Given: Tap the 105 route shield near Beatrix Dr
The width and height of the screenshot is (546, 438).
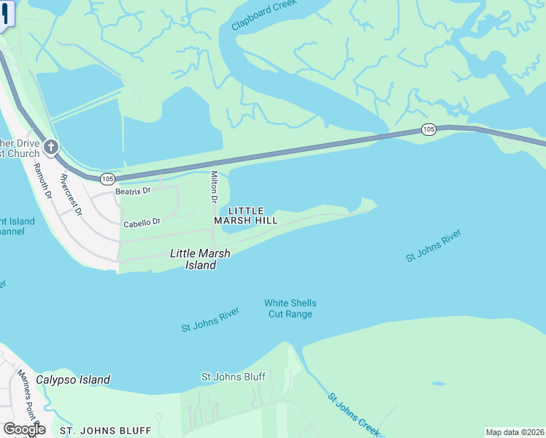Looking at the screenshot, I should tap(108, 178).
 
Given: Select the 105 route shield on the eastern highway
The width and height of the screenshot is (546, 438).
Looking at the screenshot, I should tap(428, 129).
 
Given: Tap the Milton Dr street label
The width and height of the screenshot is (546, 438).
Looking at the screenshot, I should tap(214, 187).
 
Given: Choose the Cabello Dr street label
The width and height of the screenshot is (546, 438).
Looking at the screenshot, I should tap(142, 223).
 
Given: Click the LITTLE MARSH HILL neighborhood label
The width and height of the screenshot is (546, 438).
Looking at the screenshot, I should tap(246, 215).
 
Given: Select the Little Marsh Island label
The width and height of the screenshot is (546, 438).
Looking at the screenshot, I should tap(199, 259).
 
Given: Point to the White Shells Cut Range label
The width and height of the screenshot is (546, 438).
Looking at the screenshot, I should tap(290, 309).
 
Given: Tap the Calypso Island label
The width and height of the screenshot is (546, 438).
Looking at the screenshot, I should tap(73, 380).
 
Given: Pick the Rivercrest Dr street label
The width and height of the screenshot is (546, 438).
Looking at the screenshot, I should tap(72, 195).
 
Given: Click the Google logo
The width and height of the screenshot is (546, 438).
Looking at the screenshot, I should tap(24, 429).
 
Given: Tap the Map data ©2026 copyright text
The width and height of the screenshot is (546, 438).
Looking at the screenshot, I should tap(515, 432).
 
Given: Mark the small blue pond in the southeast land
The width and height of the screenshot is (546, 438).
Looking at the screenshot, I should tap(438, 383).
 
